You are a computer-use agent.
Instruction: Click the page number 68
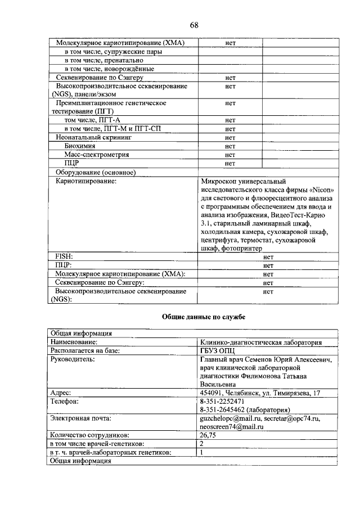(193, 25)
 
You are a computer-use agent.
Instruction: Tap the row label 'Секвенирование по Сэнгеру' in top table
(100, 78)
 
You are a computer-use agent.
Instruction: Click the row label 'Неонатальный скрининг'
(93, 137)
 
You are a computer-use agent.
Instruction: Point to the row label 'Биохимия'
(79, 146)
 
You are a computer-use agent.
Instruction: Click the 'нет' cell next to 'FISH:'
(268, 256)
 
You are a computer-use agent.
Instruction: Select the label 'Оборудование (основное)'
(96, 172)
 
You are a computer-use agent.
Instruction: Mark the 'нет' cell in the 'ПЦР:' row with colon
(268, 265)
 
